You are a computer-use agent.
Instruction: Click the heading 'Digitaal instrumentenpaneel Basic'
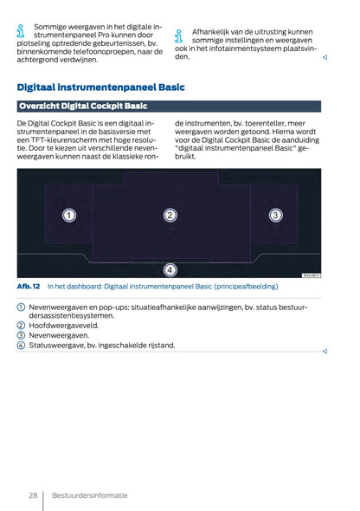100,87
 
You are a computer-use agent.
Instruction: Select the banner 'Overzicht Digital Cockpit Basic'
82,107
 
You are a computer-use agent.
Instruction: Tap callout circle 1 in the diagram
68,215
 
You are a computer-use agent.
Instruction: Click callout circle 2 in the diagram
170,215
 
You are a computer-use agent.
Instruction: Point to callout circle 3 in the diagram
275,215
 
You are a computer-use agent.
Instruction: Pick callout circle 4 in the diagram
170,268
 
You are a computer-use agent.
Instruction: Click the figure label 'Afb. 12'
29,287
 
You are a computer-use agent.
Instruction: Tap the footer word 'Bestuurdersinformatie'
89,495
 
